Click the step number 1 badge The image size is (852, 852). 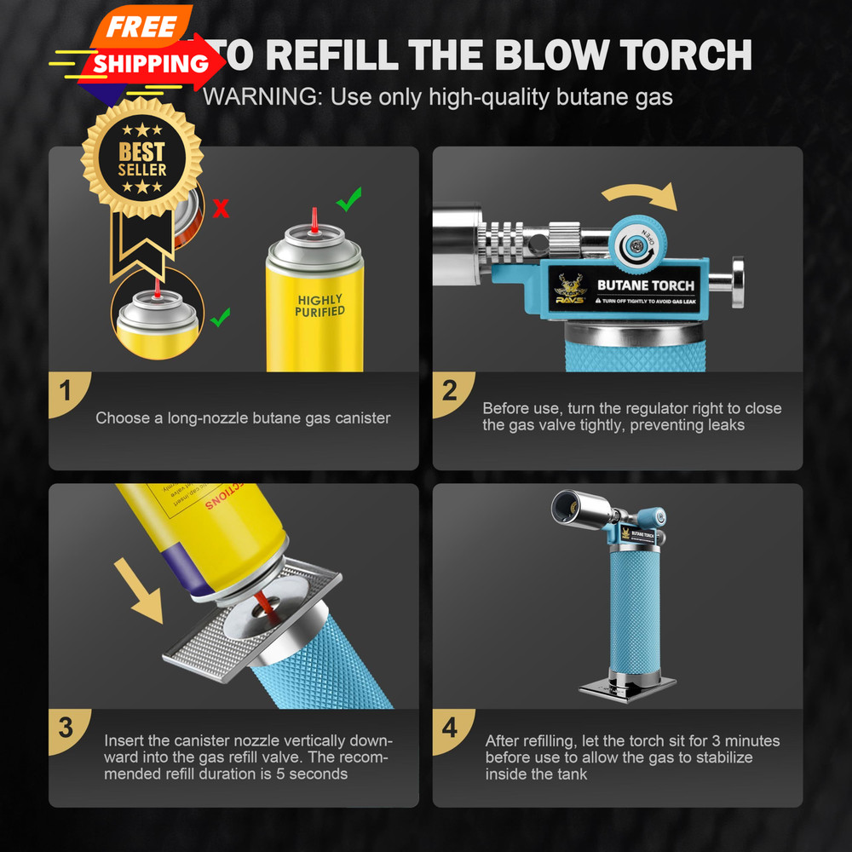point(66,394)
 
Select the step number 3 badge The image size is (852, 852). point(66,728)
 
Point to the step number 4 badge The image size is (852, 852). point(450,728)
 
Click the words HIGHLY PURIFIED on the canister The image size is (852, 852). point(319,306)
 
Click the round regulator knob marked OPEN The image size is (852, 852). point(635,244)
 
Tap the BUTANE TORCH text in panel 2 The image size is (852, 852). point(646,285)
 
